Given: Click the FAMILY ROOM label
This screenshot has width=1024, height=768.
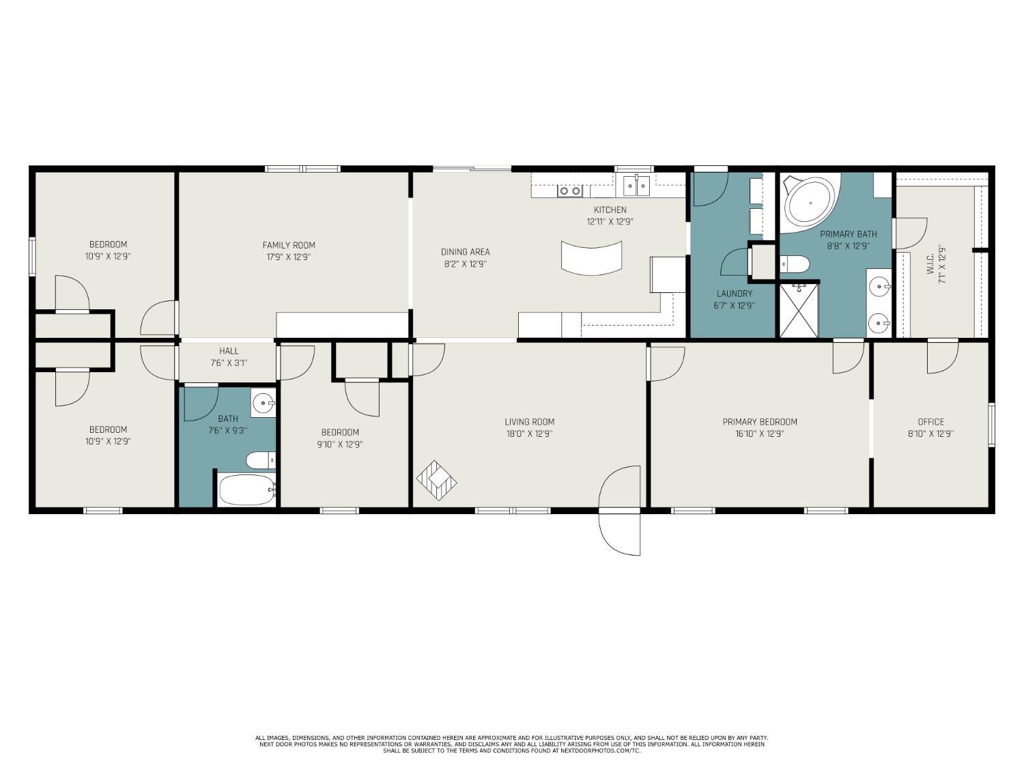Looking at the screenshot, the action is pyautogui.click(x=289, y=245).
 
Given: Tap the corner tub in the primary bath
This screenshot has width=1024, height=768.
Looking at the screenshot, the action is pyautogui.click(x=810, y=203).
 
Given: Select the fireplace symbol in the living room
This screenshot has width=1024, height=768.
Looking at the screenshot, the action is pyautogui.click(x=436, y=481).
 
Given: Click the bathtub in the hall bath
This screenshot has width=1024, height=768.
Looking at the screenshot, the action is pyautogui.click(x=247, y=489).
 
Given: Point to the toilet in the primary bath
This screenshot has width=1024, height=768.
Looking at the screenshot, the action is pyautogui.click(x=795, y=265).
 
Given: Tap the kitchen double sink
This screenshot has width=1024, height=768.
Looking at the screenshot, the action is pyautogui.click(x=636, y=186).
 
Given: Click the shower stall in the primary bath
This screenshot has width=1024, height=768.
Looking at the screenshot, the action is pyautogui.click(x=799, y=310).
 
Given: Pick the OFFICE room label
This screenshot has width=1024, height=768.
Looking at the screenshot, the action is pyautogui.click(x=930, y=422).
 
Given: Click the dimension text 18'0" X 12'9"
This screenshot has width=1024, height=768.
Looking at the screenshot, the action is pyautogui.click(x=530, y=433).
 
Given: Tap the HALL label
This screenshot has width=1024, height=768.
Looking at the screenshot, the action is pyautogui.click(x=229, y=351).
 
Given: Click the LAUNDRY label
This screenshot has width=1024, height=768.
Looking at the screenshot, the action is pyautogui.click(x=735, y=294).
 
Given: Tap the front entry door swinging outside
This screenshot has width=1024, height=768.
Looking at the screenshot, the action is pyautogui.click(x=620, y=534).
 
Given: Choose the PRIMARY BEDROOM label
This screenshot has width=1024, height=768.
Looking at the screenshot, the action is pyautogui.click(x=760, y=422).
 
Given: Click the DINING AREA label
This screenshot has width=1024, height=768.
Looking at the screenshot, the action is pyautogui.click(x=465, y=253).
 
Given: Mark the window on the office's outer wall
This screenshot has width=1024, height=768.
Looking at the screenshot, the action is pyautogui.click(x=991, y=425).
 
